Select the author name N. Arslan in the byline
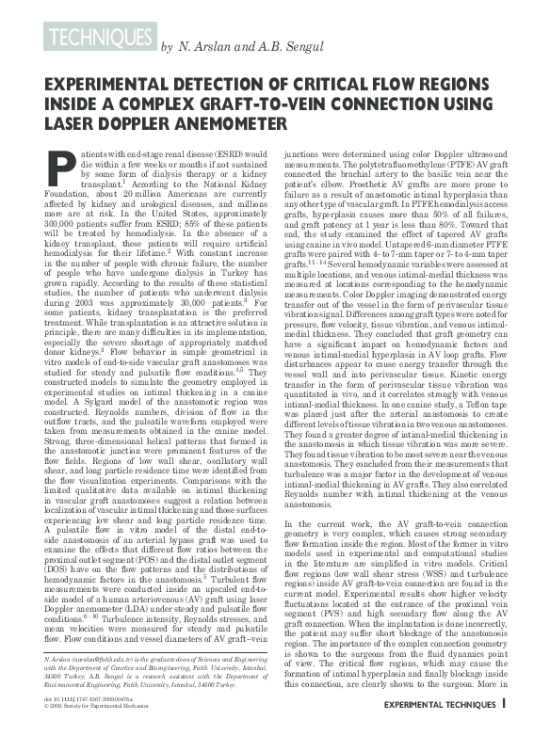point(202,46)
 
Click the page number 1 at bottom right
point(505,726)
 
